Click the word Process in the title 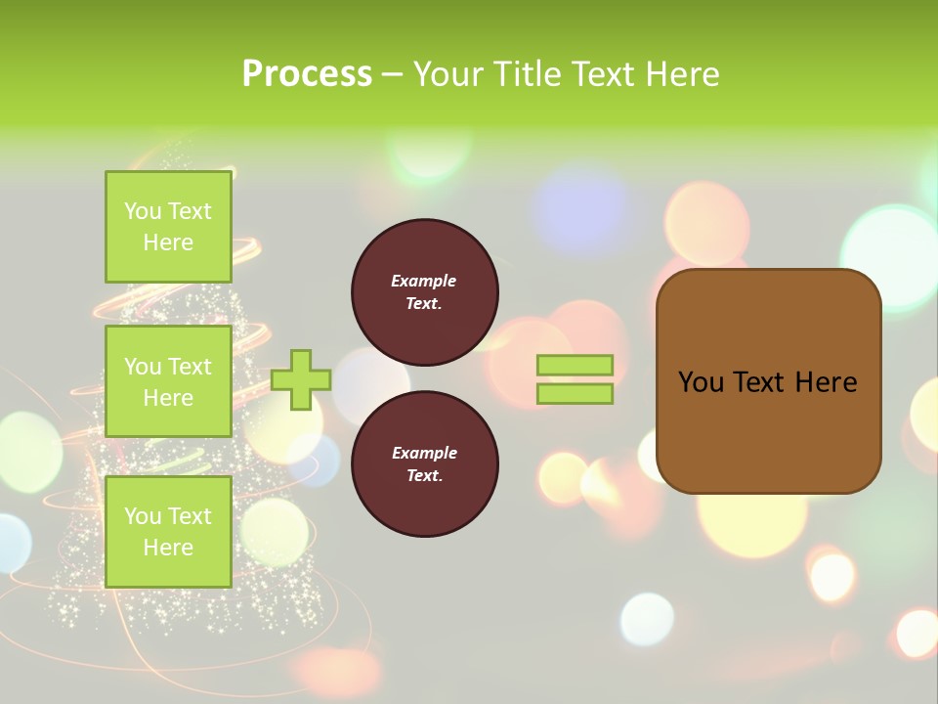(307, 74)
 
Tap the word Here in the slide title (682, 74)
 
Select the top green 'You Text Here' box (168, 227)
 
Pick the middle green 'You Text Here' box (168, 381)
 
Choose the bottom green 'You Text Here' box (168, 532)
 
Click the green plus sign (301, 379)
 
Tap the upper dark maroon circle (424, 292)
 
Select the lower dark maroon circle (424, 464)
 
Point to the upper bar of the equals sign (575, 366)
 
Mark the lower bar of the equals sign (575, 393)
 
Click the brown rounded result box (768, 430)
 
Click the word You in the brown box (700, 382)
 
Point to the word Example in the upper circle (424, 281)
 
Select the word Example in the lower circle (424, 453)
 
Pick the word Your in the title (447, 74)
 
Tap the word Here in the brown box (826, 382)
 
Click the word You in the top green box (143, 211)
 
